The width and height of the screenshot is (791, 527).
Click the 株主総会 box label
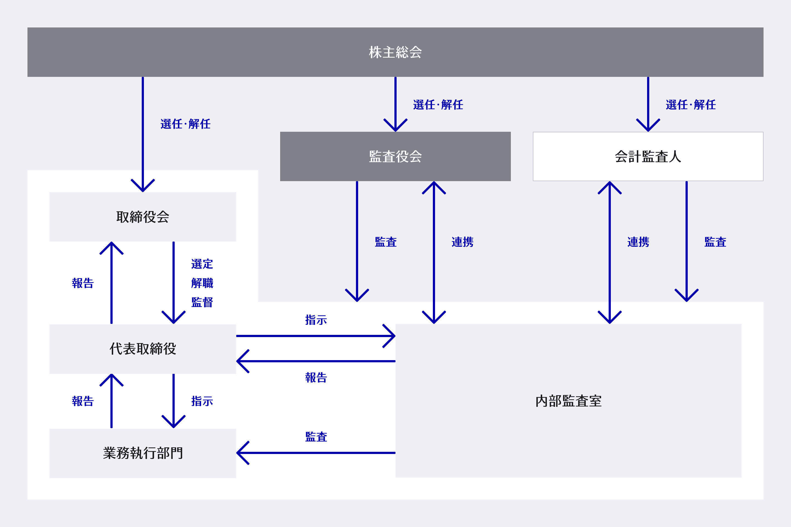click(395, 52)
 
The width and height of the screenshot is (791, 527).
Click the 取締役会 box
click(143, 217)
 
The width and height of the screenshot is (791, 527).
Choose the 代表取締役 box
click(143, 349)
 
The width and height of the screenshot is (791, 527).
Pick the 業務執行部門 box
click(143, 453)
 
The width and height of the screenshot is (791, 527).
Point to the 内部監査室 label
click(568, 401)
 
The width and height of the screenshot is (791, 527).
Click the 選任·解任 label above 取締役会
click(185, 124)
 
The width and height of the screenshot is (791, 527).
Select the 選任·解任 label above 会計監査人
click(690, 105)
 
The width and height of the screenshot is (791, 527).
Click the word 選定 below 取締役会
click(202, 264)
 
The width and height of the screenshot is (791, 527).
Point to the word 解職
click(202, 283)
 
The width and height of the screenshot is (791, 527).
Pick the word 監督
click(202, 302)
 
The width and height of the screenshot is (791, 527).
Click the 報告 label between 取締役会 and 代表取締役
click(83, 283)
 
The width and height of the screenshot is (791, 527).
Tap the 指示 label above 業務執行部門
click(202, 401)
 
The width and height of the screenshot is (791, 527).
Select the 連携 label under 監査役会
click(463, 242)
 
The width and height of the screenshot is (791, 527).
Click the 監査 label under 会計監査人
click(715, 242)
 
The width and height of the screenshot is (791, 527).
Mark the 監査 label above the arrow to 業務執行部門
click(316, 437)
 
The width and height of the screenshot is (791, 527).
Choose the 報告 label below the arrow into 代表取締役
click(316, 377)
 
